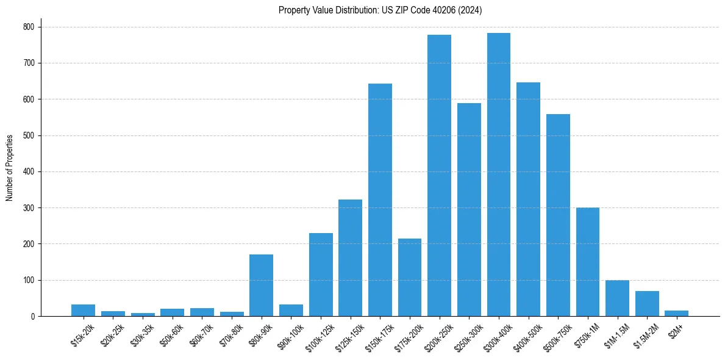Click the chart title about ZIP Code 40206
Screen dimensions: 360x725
click(380, 10)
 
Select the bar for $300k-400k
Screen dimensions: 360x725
click(499, 175)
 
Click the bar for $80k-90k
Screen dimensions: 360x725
click(261, 286)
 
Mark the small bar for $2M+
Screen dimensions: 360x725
click(677, 314)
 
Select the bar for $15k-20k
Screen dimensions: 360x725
click(83, 311)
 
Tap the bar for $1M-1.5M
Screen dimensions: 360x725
click(617, 298)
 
